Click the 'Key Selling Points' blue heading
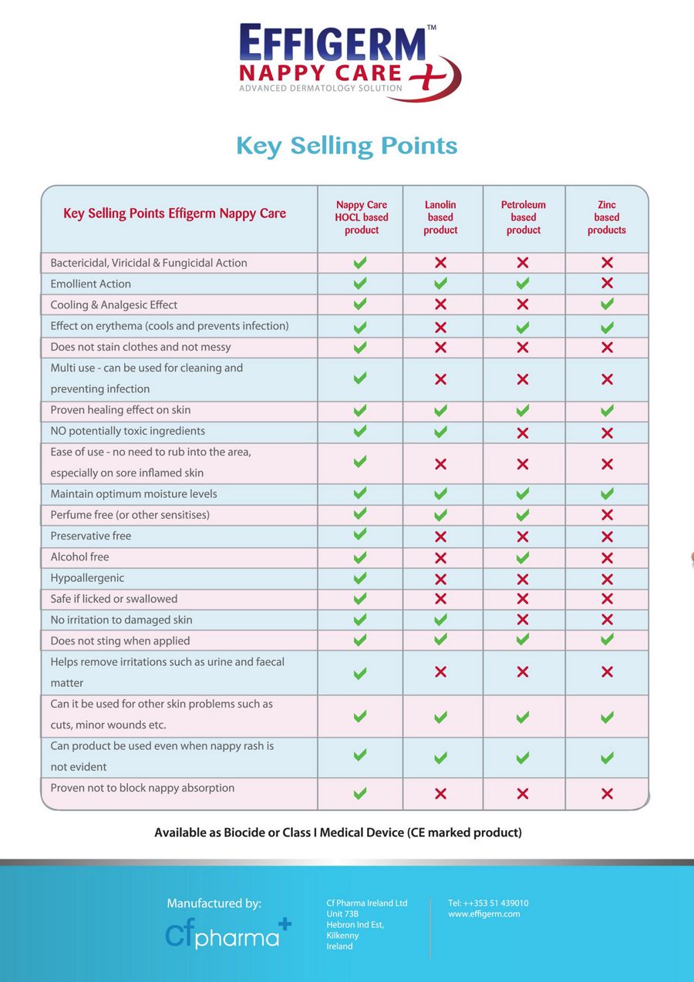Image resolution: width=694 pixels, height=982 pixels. click(347, 146)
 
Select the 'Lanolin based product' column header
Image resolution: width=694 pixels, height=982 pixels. click(440, 217)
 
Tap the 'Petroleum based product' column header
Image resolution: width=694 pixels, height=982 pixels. click(524, 217)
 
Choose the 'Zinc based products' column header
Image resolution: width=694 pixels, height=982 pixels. click(607, 217)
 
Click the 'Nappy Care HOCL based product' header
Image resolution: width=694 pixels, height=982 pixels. click(362, 217)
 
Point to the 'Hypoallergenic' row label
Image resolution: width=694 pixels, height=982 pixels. click(87, 578)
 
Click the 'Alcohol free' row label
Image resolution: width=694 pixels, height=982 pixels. click(79, 557)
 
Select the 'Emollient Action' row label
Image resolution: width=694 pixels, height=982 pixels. click(91, 284)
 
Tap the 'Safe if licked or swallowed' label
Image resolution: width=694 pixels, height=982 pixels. click(114, 599)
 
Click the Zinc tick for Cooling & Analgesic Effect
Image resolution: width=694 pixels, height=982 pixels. click(607, 304)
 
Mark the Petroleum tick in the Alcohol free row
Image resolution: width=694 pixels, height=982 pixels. click(523, 557)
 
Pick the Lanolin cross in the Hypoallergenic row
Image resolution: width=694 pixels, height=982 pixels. click(440, 579)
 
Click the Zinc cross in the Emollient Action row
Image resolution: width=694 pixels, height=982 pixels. click(607, 284)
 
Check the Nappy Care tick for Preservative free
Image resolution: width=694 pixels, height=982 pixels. click(360, 535)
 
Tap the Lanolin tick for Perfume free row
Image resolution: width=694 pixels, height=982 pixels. click(440, 515)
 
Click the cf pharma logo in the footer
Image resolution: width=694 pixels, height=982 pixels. click(228, 933)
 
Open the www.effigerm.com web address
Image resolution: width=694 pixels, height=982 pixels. click(484, 914)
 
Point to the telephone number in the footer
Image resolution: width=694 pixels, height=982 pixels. click(488, 903)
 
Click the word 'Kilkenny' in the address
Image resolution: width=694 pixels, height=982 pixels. click(342, 936)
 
